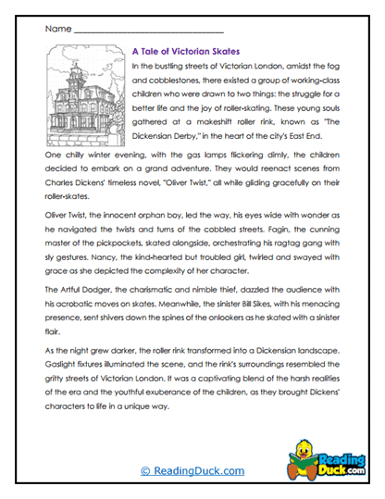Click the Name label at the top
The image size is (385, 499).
(56, 30)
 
